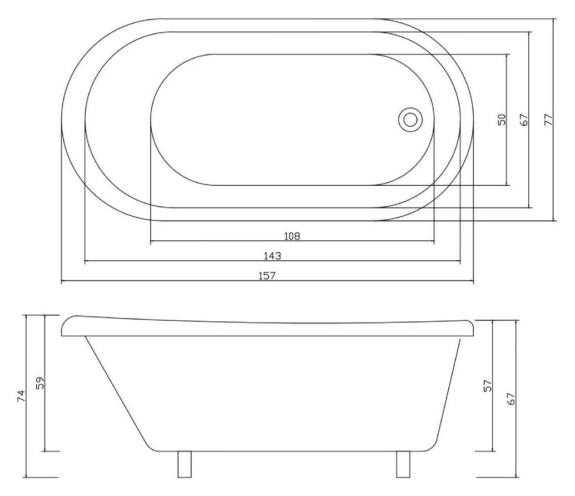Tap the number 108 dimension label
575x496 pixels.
coord(293,236)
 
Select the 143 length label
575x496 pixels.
coord(272,256)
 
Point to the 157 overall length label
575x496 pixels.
coord(267,276)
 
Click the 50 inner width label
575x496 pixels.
coord(502,120)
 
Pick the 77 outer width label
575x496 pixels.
coord(548,120)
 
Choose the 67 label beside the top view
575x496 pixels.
coord(524,120)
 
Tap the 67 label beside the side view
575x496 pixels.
coord(511,399)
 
